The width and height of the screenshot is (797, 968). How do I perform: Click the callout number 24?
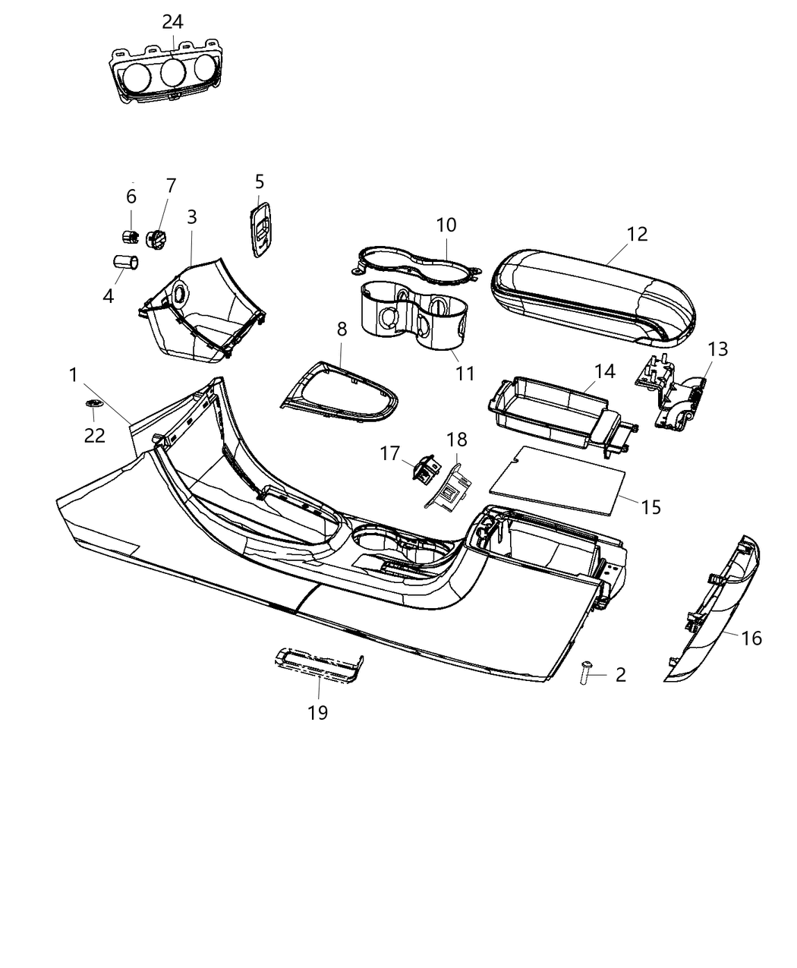[x=172, y=21]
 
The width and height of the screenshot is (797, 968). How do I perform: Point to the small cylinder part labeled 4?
[x=125, y=263]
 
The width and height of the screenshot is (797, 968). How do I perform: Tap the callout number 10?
[x=446, y=225]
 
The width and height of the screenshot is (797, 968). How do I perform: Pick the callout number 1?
[x=73, y=375]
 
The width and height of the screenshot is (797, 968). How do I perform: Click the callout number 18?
[x=457, y=440]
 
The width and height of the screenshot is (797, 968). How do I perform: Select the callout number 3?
[x=192, y=216]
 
